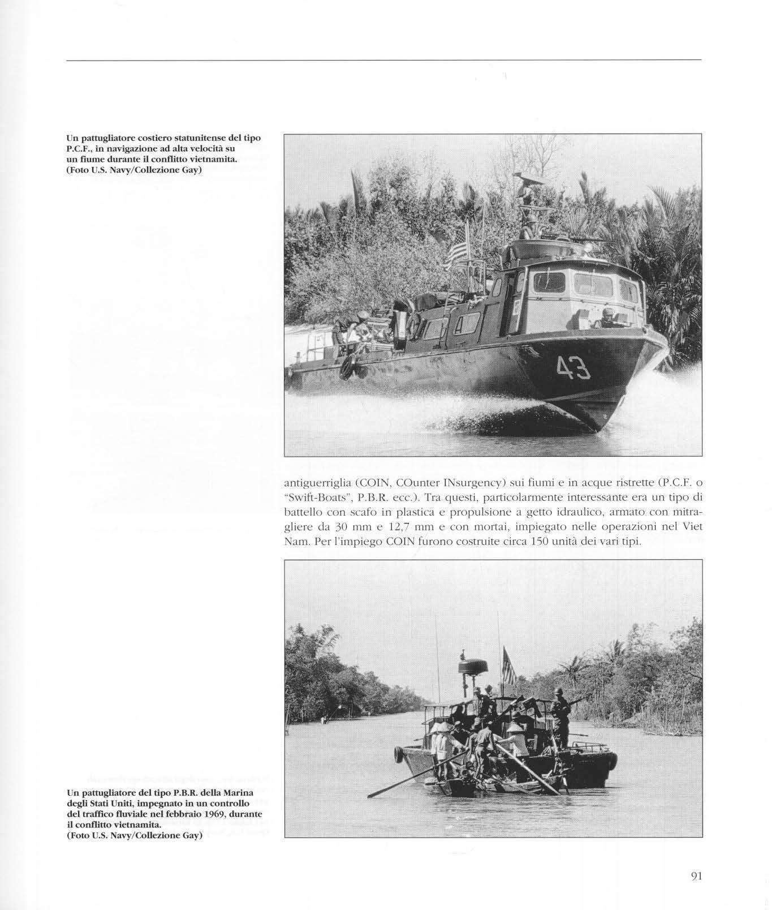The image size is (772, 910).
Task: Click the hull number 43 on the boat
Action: [573, 368]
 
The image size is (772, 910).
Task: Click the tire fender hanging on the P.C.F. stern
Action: [347, 368]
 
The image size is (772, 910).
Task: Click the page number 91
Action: [696, 876]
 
